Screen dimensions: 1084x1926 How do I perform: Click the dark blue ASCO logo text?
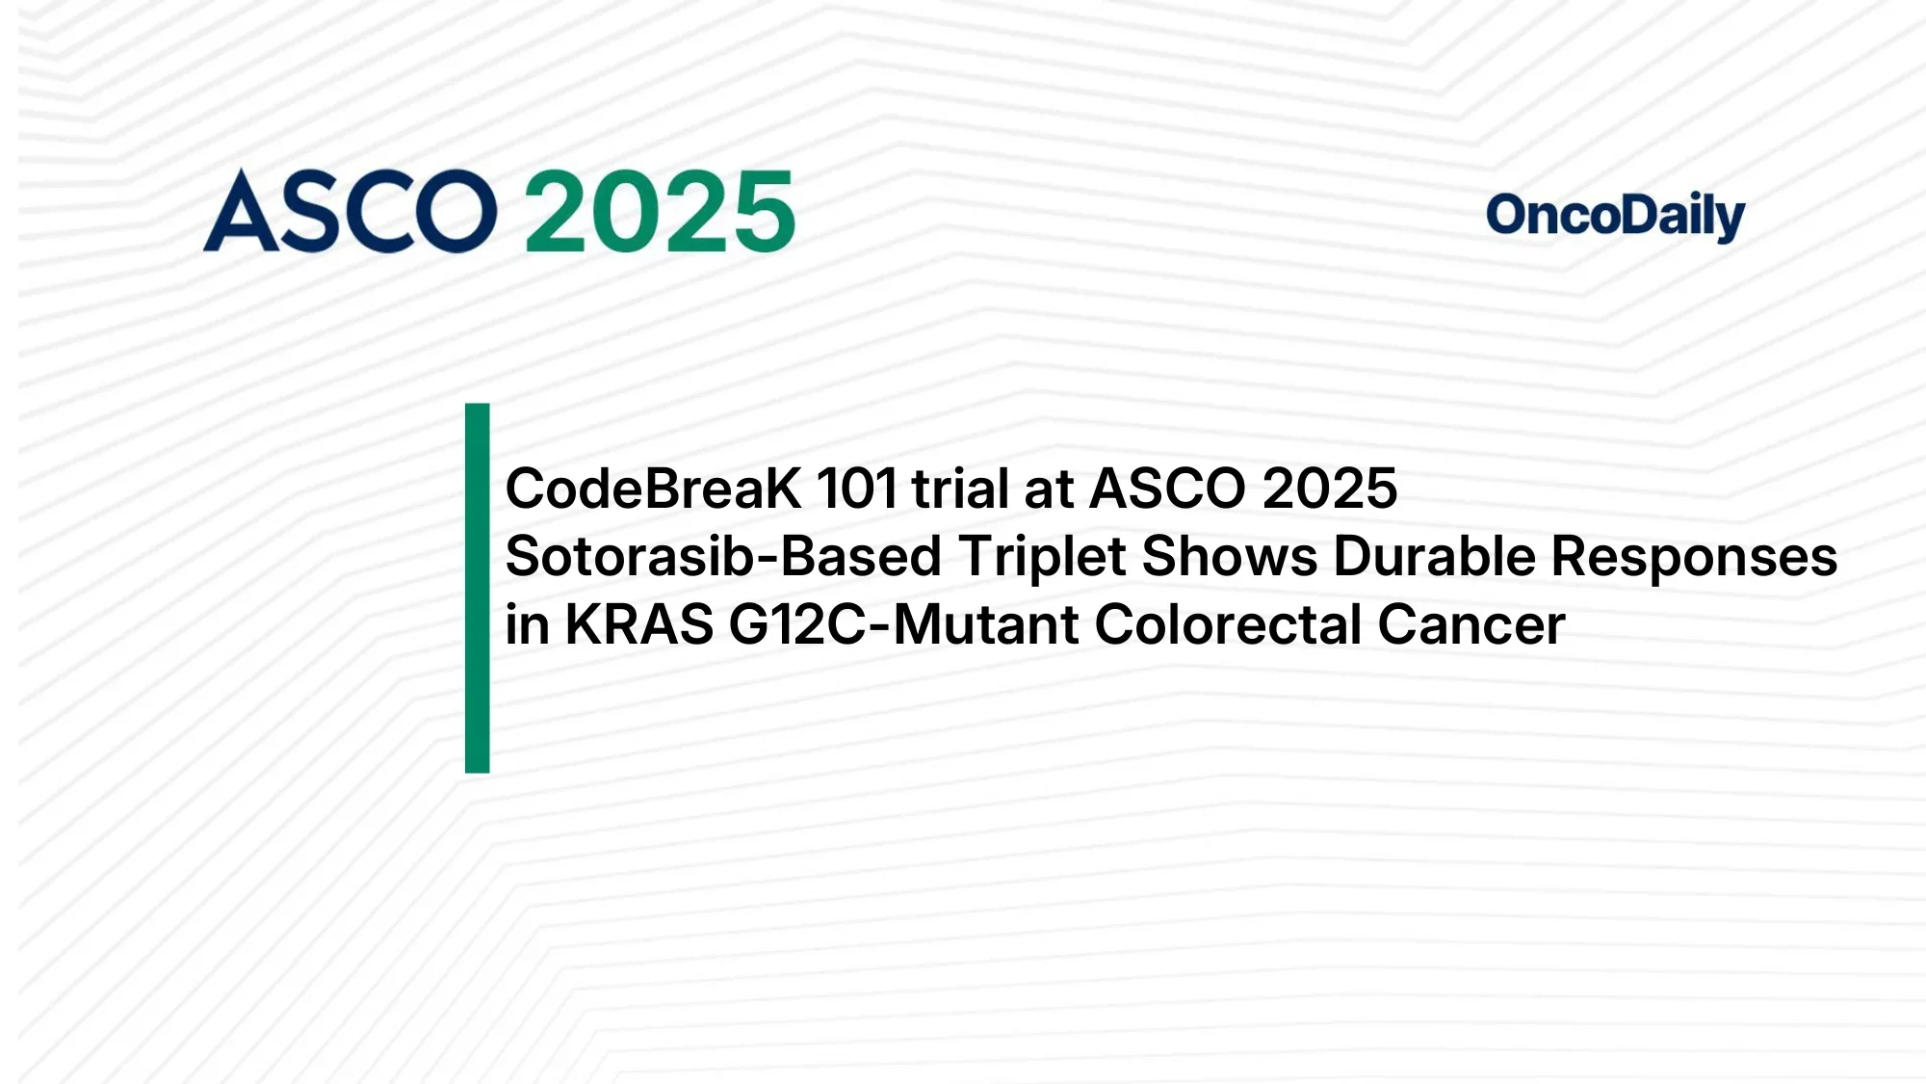(350, 212)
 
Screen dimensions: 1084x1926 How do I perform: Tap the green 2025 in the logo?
(660, 212)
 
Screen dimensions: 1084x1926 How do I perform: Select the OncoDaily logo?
(1615, 216)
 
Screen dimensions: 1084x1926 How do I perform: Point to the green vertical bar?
(477, 588)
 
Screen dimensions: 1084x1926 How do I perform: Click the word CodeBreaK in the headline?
(653, 489)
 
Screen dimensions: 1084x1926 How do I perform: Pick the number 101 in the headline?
(857, 489)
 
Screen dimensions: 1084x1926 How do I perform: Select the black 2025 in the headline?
(1329, 489)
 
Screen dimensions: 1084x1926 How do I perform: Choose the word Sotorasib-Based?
(723, 557)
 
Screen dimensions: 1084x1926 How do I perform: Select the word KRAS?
(638, 624)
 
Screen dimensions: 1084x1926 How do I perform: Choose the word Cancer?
(1471, 624)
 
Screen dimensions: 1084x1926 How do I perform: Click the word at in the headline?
(1048, 489)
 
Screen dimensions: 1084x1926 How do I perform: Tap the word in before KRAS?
(527, 624)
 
